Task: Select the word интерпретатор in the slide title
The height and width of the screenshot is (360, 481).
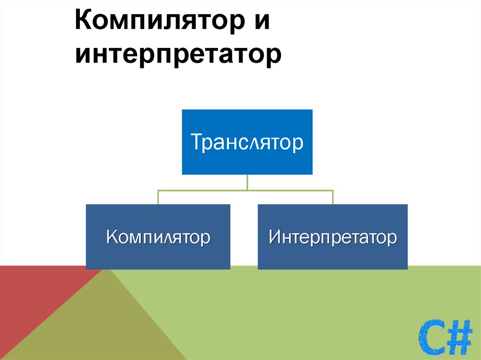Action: coord(178,55)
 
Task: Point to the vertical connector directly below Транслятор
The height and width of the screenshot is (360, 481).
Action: coord(247,182)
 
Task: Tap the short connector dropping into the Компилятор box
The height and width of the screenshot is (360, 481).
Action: coord(158,198)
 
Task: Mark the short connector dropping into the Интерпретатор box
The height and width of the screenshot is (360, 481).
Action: coord(333,198)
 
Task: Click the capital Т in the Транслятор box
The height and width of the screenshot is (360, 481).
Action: coord(196,142)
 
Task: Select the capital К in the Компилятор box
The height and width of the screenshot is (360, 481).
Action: coord(112,237)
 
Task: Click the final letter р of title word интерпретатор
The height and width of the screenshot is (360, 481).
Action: coord(275,57)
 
